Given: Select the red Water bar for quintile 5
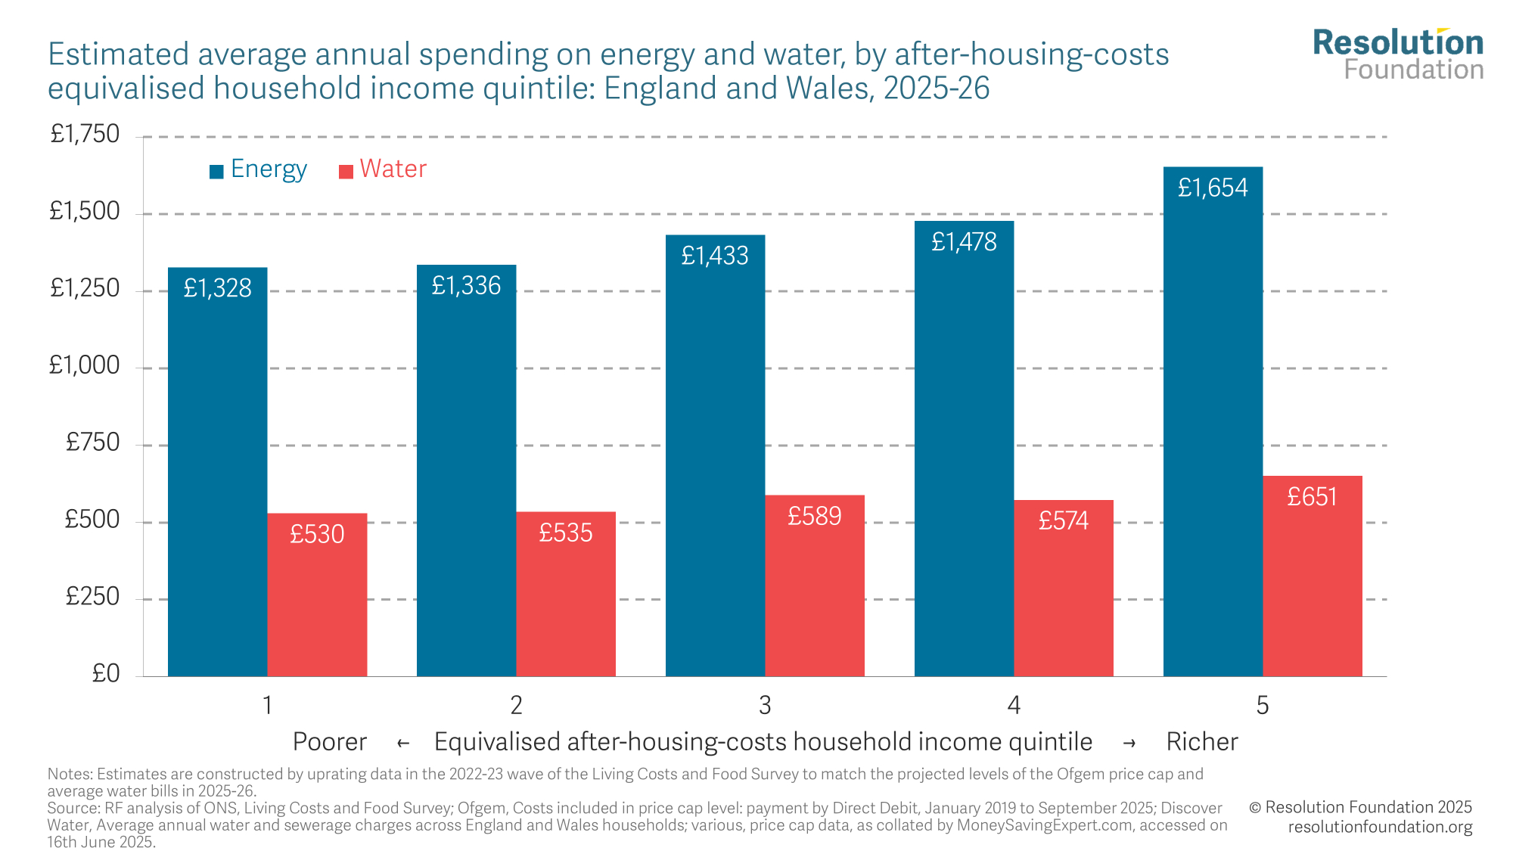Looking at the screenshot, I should coord(1312,582).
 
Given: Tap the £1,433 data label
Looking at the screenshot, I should coord(715,256).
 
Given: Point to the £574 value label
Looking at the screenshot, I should coord(1063,520).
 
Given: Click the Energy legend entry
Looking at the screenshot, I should coord(259,169).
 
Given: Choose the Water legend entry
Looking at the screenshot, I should coord(384,169).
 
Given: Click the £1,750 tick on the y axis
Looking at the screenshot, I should coord(85,135).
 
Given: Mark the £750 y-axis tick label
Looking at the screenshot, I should coord(92,443).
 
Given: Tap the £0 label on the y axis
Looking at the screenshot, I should coord(105,673).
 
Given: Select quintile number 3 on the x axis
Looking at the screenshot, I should coord(765,705).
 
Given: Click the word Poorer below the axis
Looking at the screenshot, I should coord(329,742).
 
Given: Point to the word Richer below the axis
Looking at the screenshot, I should coord(1201,742).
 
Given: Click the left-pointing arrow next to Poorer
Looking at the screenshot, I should coord(403,744).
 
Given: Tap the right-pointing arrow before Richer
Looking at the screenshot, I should coord(1129,744).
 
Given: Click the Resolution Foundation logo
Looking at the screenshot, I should coord(1398,54).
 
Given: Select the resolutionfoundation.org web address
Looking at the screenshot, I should coord(1380,827).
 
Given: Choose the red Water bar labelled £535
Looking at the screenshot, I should coord(566,598).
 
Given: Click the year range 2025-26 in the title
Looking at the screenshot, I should coord(937,89).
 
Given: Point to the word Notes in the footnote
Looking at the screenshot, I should coord(69,774).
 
